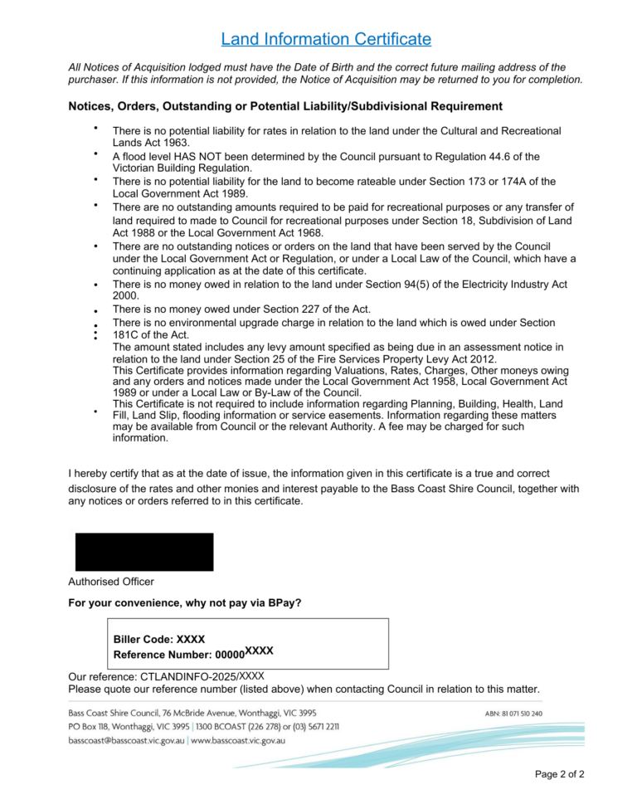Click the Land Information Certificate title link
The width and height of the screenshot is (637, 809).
pyautogui.click(x=326, y=39)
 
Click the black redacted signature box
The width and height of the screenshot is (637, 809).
pyautogui.click(x=144, y=552)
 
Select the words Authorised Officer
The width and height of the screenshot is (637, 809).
pyautogui.click(x=111, y=582)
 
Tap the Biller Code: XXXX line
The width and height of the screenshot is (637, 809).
pyautogui.click(x=158, y=640)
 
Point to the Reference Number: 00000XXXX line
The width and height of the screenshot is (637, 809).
pyautogui.click(x=193, y=654)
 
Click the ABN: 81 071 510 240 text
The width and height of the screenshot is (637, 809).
pyautogui.click(x=513, y=714)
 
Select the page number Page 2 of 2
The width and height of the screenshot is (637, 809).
pyautogui.click(x=560, y=774)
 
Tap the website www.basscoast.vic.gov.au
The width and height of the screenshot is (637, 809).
pyautogui.click(x=238, y=740)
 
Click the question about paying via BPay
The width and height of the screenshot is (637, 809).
pyautogui.click(x=184, y=602)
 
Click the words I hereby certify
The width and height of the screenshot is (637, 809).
pyautogui.click(x=105, y=473)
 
